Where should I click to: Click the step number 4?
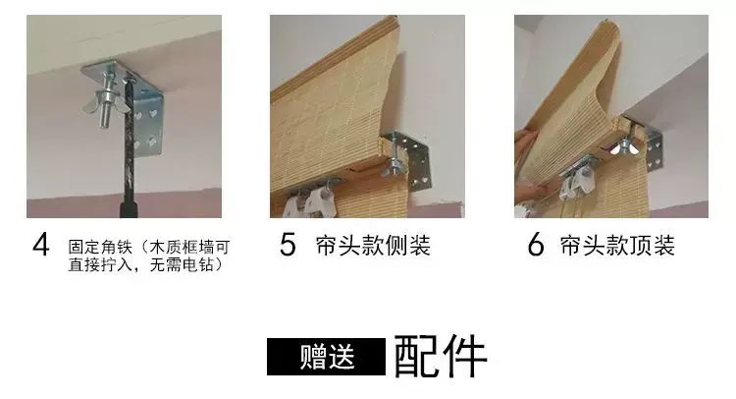[x=41, y=245]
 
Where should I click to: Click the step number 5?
[x=288, y=245]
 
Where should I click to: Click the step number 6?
[x=536, y=245]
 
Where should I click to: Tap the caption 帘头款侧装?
[x=373, y=246]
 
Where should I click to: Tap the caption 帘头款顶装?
[x=617, y=246]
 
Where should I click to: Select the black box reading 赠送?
[x=326, y=357]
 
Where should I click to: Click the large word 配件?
[x=441, y=356]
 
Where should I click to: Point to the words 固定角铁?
[x=100, y=247]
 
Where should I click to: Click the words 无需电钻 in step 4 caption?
[x=182, y=264]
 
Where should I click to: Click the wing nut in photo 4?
[x=107, y=103]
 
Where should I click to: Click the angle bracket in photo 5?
[x=409, y=157]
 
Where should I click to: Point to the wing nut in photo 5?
[x=393, y=164]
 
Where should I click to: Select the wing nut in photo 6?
[x=623, y=147]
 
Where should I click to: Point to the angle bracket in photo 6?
[x=646, y=140]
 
